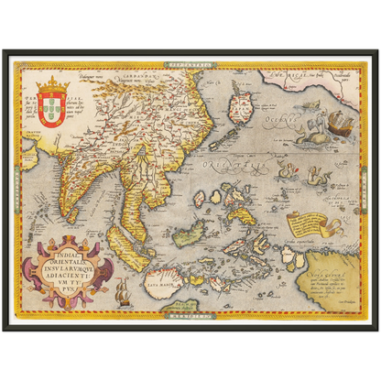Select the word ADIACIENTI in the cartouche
point(76,265)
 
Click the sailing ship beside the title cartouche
point(125,291)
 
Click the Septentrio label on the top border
point(190,65)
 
